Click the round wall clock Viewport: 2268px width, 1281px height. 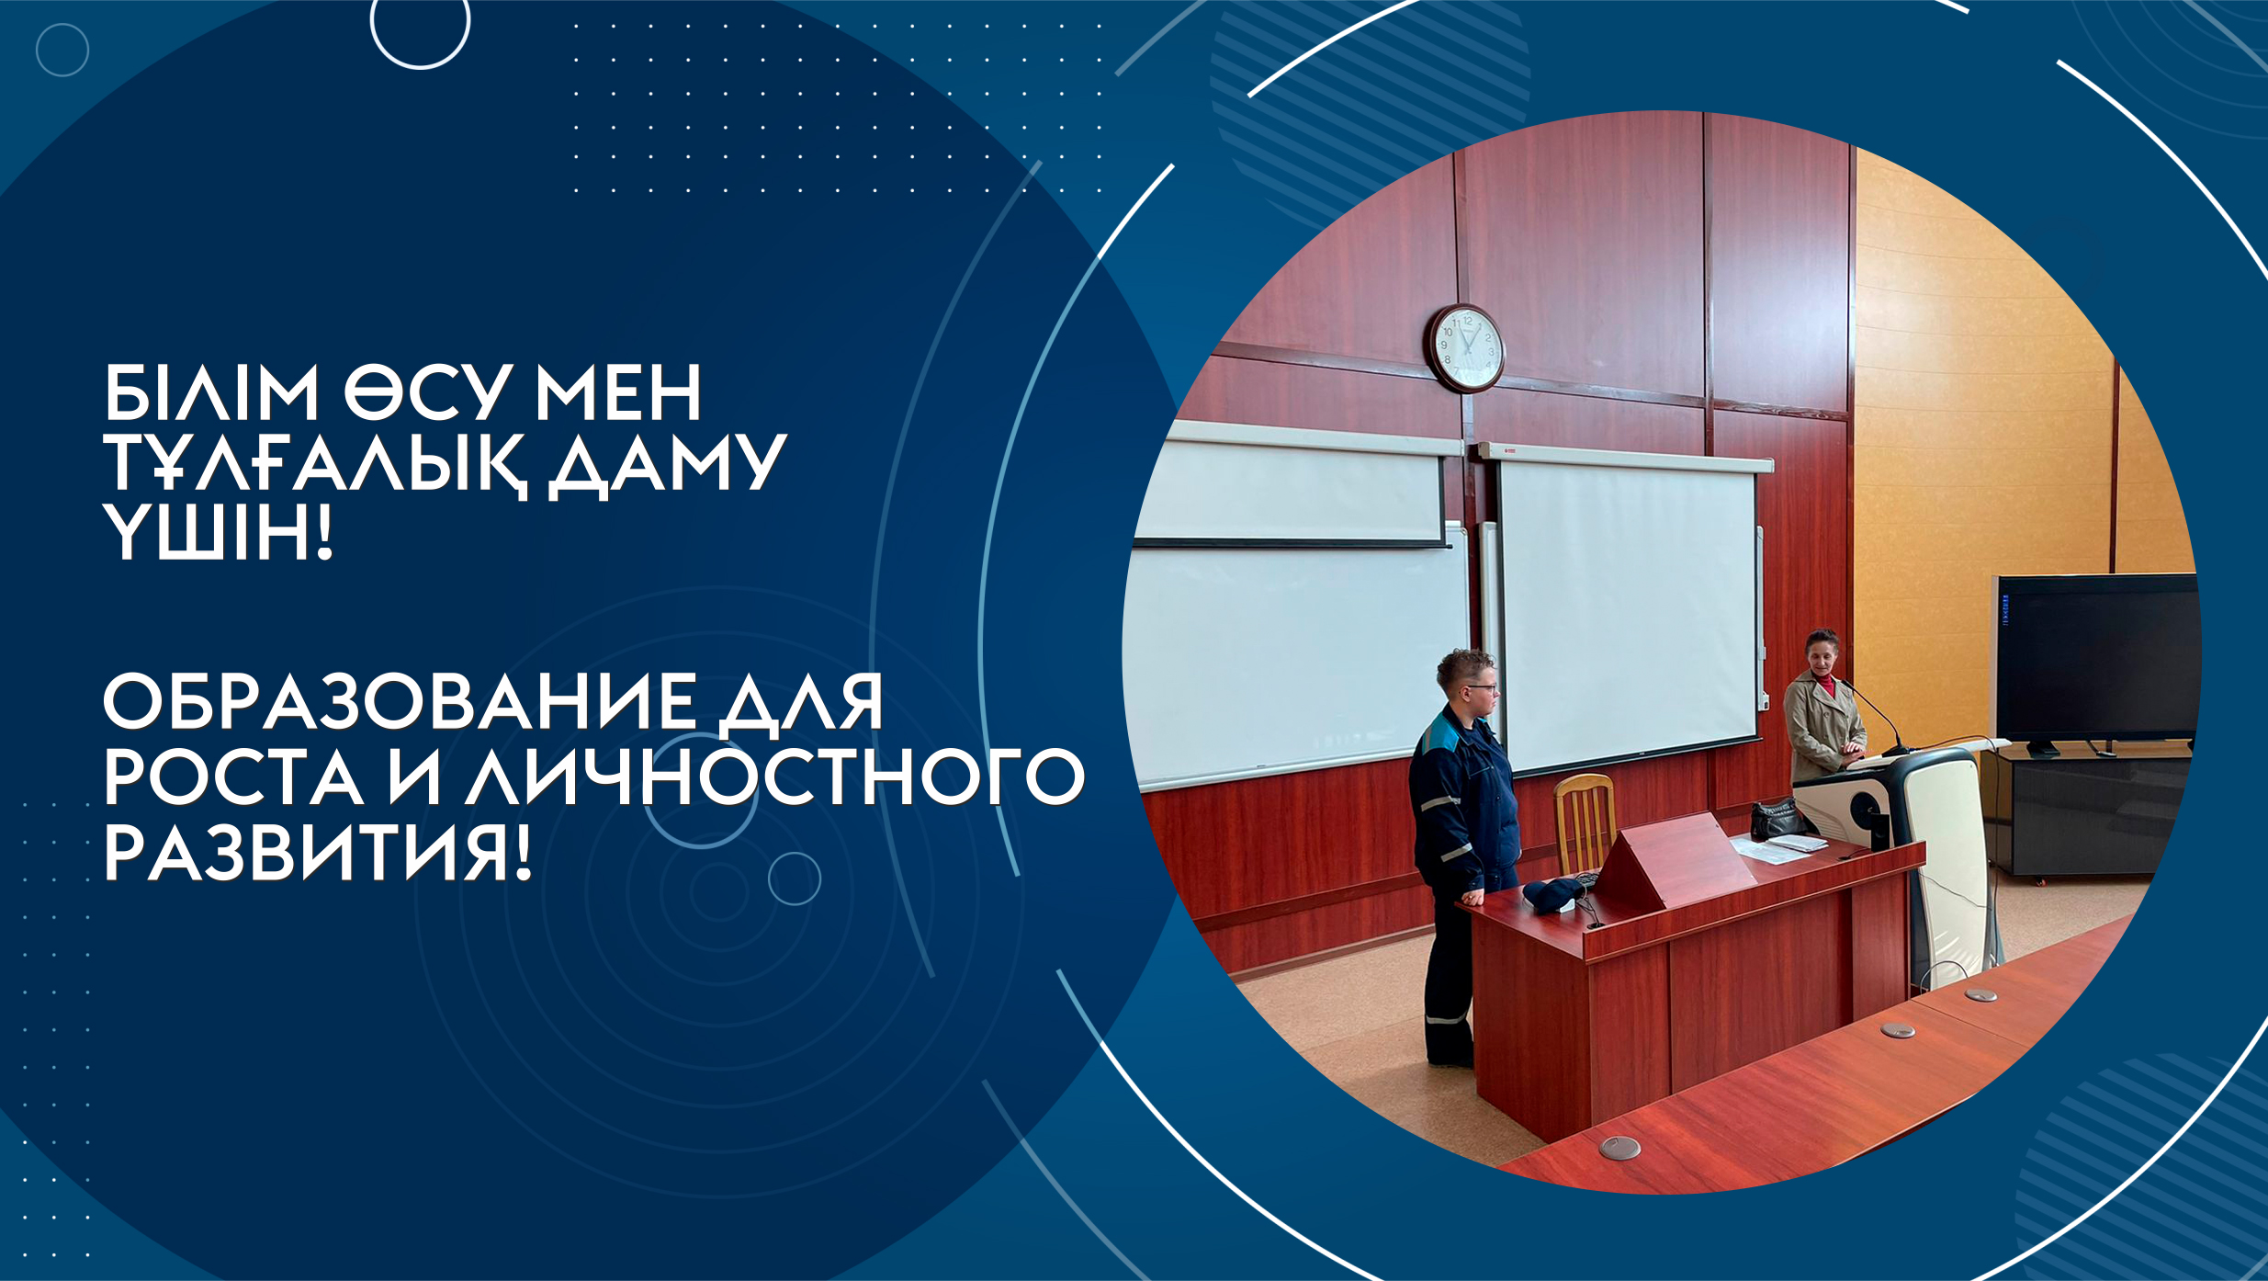tap(1465, 348)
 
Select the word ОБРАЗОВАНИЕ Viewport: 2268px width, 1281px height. tap(400, 702)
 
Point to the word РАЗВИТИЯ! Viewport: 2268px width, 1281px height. tap(318, 854)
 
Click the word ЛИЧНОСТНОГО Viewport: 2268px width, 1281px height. tap(774, 777)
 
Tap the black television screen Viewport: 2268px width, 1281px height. tap(2095, 658)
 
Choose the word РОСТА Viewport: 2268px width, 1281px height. tap(233, 777)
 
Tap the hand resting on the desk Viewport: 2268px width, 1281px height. tap(1473, 896)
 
